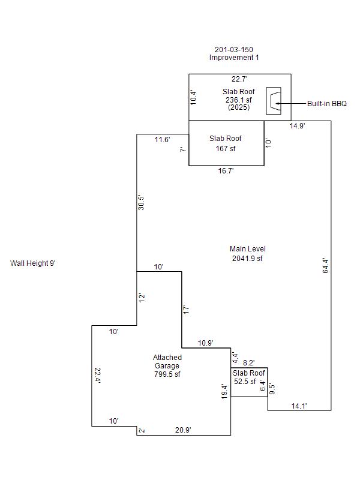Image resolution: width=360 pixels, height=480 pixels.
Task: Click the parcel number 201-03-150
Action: coord(234,49)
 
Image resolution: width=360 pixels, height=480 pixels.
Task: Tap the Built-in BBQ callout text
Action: coord(327,103)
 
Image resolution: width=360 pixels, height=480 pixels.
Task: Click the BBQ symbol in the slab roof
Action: coord(274,101)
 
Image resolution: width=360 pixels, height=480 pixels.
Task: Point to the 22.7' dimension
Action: coord(239,79)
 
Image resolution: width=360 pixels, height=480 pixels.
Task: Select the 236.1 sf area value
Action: coord(239,100)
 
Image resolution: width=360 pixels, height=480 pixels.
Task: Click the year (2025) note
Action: coord(239,107)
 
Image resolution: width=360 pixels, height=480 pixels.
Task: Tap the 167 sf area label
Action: coord(226,148)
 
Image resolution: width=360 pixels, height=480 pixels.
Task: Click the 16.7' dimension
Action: coord(226,171)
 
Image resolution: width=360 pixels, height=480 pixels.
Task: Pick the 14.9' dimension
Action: coord(297,125)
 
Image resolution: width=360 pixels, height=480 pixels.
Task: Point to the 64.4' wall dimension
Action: coord(326,266)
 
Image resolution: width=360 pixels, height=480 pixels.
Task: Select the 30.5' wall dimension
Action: coord(141,202)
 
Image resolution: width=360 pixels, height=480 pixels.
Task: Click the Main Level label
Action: coord(248,249)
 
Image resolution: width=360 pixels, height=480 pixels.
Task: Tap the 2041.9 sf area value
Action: coord(247,259)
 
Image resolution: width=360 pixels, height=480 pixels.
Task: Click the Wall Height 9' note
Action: coord(33,263)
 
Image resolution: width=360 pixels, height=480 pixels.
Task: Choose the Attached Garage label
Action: coord(167,362)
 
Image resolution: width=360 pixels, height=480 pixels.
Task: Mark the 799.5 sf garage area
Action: coord(167,374)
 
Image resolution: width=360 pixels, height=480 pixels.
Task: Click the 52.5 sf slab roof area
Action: coord(245,382)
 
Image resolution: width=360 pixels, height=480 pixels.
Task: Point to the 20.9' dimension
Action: coord(183,430)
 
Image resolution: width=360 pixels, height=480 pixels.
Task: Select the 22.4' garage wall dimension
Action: coord(98,376)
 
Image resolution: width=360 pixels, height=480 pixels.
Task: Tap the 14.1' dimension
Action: coord(299,406)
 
